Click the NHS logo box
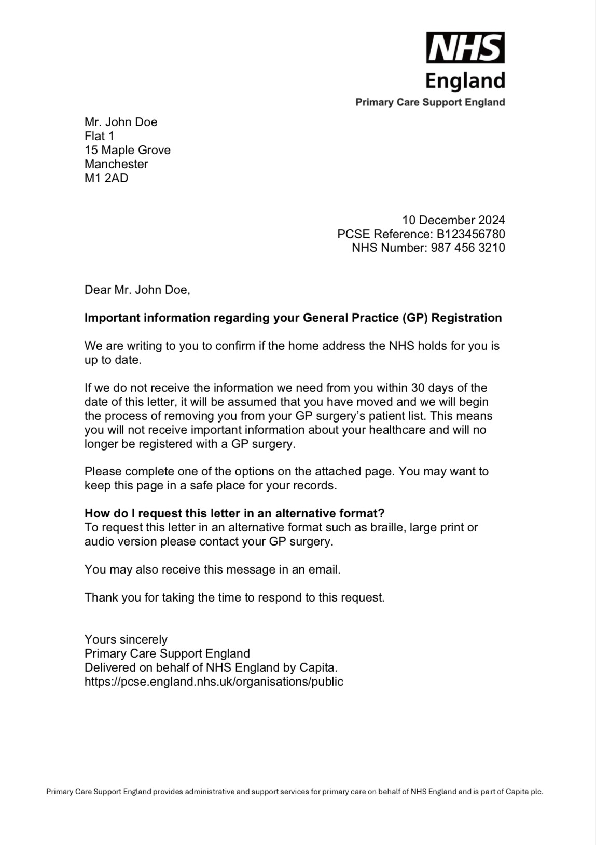click(x=465, y=48)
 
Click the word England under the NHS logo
click(x=465, y=81)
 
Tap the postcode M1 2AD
click(x=106, y=178)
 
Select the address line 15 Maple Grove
click(x=128, y=150)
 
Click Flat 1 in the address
click(x=99, y=136)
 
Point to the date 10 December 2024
click(x=453, y=220)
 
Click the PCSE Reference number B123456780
click(x=470, y=234)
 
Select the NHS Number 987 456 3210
click(x=467, y=248)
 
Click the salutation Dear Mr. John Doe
click(x=137, y=290)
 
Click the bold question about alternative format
click(x=234, y=513)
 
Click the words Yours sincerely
click(x=126, y=639)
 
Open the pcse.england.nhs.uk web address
click(x=214, y=682)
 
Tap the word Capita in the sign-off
click(x=317, y=667)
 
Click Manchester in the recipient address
click(x=116, y=164)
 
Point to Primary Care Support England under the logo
click(x=430, y=102)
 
